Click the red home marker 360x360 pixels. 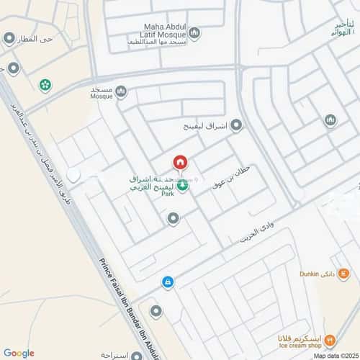[x=180, y=161]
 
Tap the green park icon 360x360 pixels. [x=183, y=186]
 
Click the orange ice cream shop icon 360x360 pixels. [x=330, y=338]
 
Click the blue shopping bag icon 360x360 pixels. [x=167, y=282]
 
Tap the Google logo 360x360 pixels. [x=19, y=353]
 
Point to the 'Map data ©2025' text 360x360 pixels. [x=335, y=355]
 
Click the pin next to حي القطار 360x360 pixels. [x=9, y=38]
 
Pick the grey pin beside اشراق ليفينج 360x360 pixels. [x=235, y=125]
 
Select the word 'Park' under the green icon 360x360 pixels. [x=168, y=194]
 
